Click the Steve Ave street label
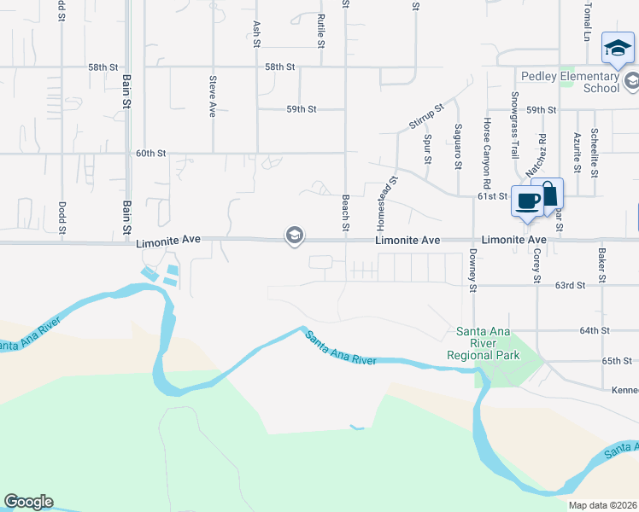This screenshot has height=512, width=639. (x=213, y=96)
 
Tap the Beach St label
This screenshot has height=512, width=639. (x=346, y=212)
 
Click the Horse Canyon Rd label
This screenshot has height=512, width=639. (x=487, y=154)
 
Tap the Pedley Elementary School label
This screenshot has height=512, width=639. (x=589, y=82)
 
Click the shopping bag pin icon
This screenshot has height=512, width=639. (x=548, y=193)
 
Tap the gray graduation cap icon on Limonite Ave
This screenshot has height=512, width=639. (x=295, y=235)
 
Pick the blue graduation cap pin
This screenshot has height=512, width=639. (x=617, y=48)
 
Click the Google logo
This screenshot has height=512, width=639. (x=28, y=502)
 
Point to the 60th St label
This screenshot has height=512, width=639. (x=149, y=154)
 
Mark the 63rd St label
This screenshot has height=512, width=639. (x=569, y=286)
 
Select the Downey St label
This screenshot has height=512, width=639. (x=472, y=269)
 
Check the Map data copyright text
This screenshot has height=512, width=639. (x=603, y=504)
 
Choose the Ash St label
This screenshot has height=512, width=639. (x=257, y=34)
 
